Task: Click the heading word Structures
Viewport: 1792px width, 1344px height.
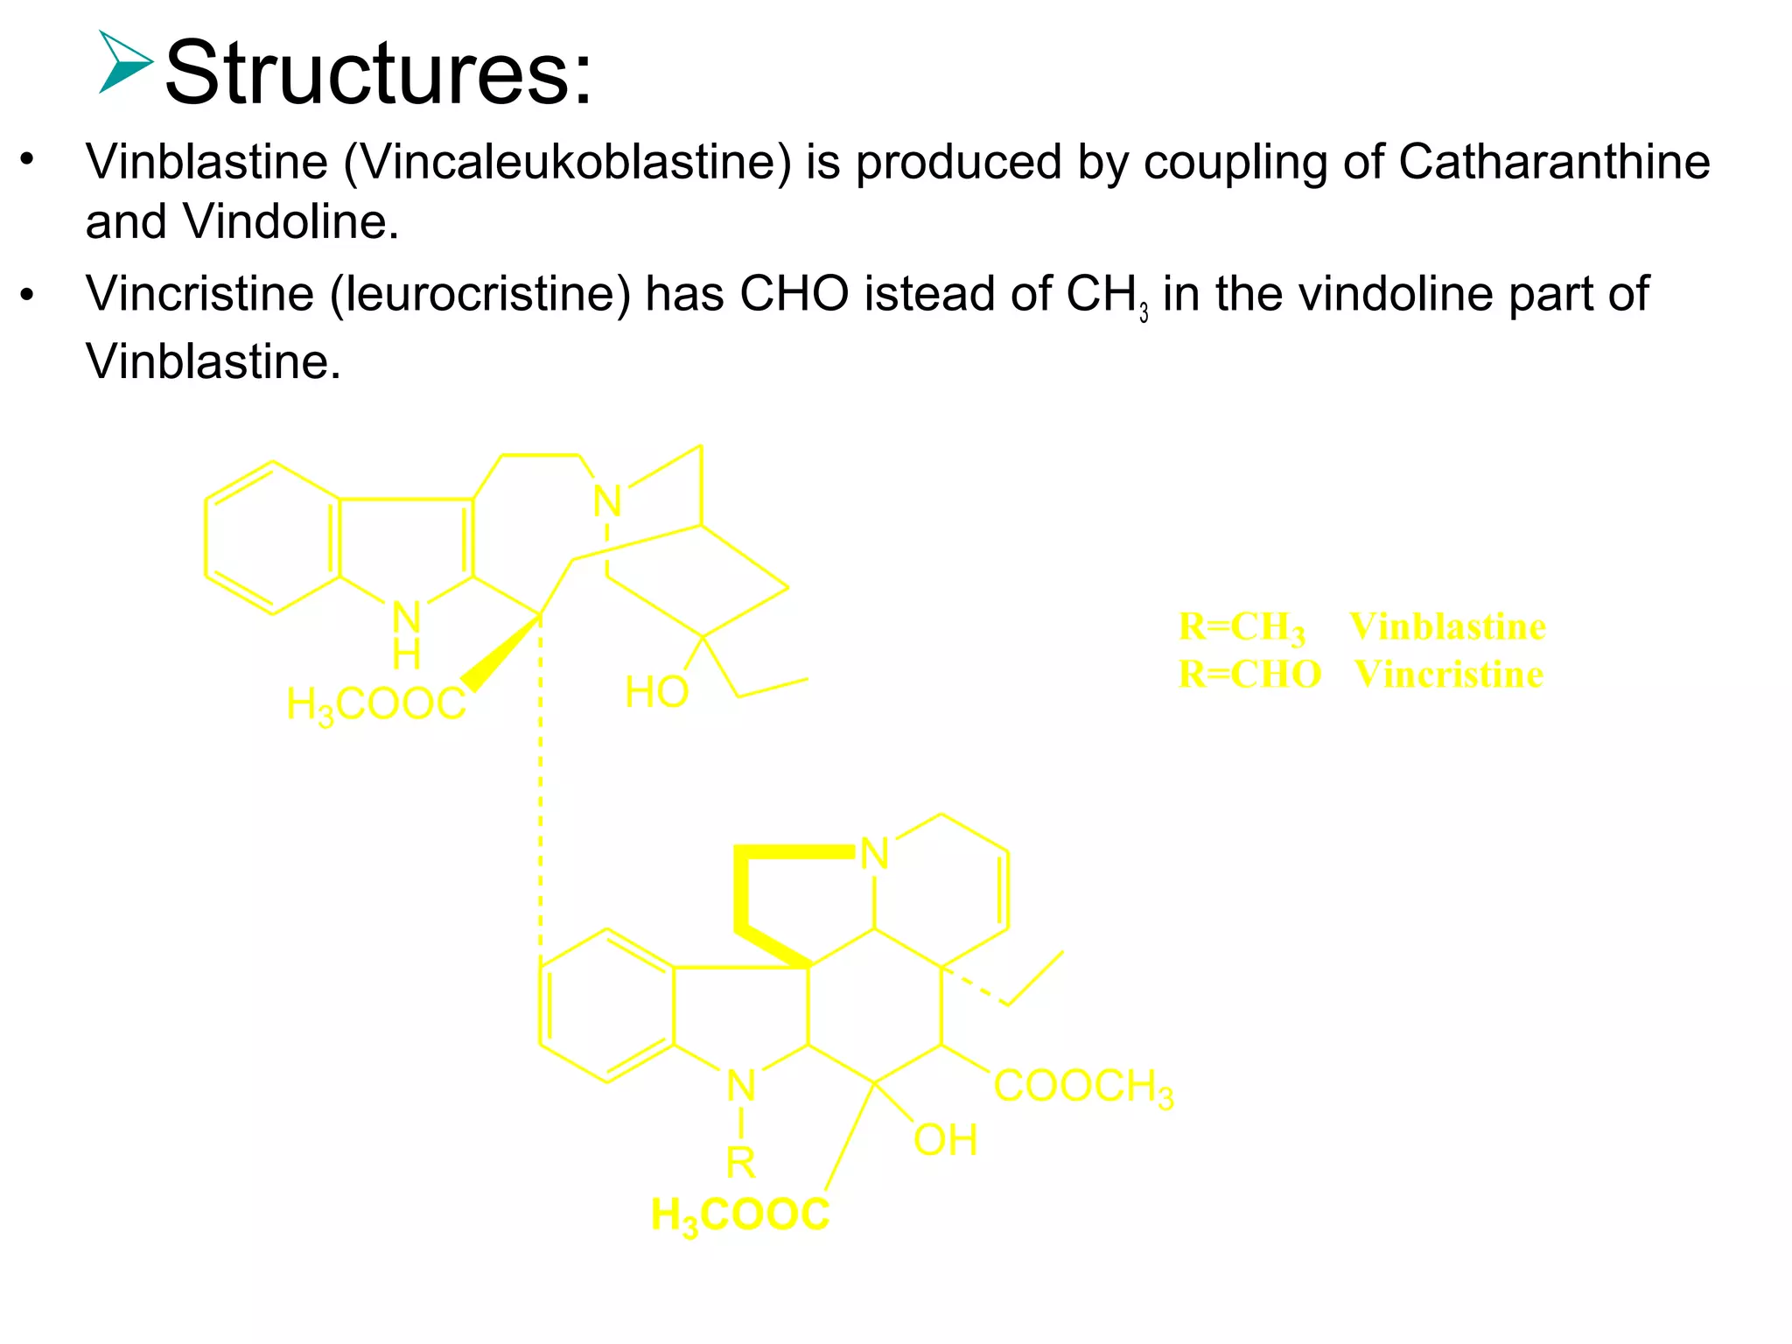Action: pyautogui.click(x=378, y=73)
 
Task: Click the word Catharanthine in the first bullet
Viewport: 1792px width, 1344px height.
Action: pyautogui.click(x=1554, y=163)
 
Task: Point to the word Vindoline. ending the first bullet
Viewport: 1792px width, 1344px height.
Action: pyautogui.click(x=290, y=222)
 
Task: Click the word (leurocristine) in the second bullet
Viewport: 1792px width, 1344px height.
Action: pyautogui.click(x=479, y=295)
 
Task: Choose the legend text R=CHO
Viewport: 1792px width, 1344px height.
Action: pyautogui.click(x=1249, y=675)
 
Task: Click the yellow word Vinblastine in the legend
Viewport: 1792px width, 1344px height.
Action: pyautogui.click(x=1447, y=626)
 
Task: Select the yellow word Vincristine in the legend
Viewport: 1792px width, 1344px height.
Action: pyautogui.click(x=1448, y=675)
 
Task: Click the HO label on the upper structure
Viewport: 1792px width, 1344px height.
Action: pyautogui.click(x=657, y=693)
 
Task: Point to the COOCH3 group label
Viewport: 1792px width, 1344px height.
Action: pyautogui.click(x=1083, y=1088)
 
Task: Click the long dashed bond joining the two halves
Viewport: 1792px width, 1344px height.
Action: pyautogui.click(x=540, y=787)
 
